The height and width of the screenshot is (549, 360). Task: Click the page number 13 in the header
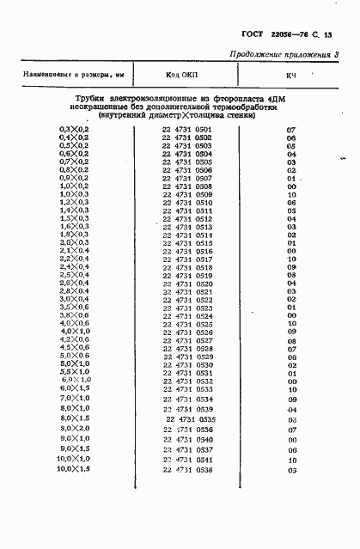coord(338,34)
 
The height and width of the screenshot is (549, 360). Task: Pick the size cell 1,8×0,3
coord(68,235)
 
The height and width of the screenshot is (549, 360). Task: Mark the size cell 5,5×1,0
coord(69,373)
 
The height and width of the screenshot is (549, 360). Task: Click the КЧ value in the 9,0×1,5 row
coord(292,449)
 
